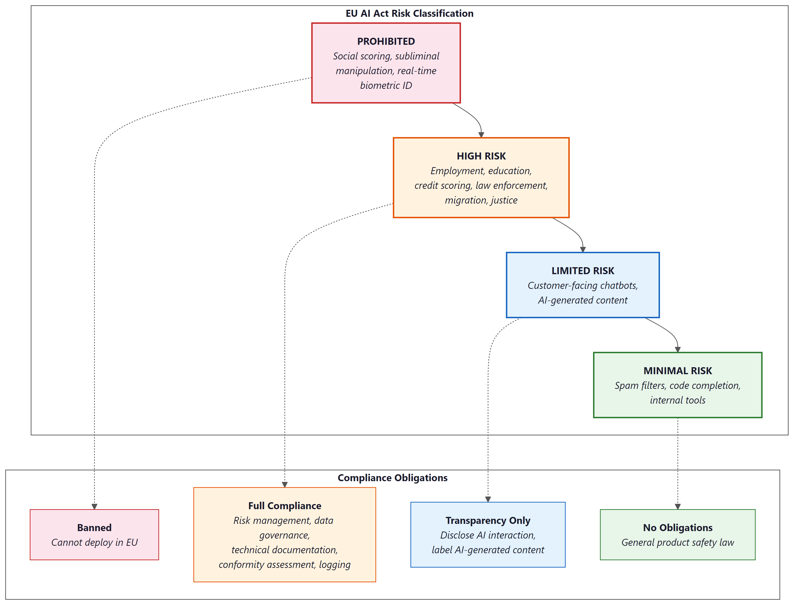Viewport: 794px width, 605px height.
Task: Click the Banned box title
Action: pyautogui.click(x=95, y=528)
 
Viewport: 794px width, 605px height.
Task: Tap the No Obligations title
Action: pyautogui.click(x=677, y=528)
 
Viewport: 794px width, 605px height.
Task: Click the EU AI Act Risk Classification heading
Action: pyautogui.click(x=409, y=13)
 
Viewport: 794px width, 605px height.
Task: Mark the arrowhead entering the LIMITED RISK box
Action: pyautogui.click(x=583, y=249)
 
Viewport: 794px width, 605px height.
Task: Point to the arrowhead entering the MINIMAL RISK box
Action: pyautogui.click(x=677, y=349)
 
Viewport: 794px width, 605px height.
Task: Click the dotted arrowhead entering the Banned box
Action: pyautogui.click(x=95, y=506)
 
